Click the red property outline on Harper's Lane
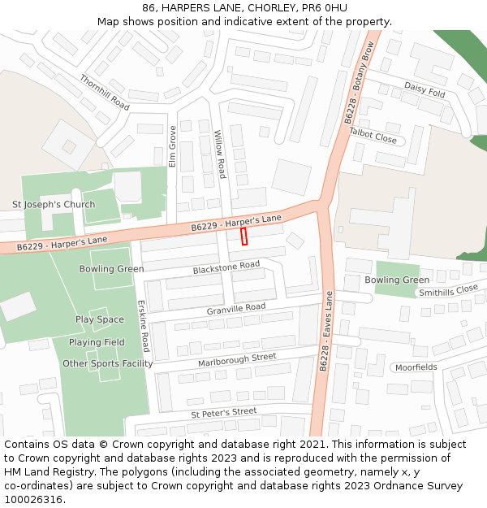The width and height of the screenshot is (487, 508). pos(244,237)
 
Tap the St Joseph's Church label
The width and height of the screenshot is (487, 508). pos(54,204)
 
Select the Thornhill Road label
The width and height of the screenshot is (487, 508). pos(105,93)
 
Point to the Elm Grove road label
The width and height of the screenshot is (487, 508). pos(172,146)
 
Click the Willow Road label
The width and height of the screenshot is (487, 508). pos(220,154)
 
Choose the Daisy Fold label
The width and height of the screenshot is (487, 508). pos(425,89)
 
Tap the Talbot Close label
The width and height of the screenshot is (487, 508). pos(373,135)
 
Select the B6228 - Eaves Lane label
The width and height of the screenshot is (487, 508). pos(325,331)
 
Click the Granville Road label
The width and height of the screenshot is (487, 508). pos(236,309)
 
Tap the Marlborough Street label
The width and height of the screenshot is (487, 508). pos(237,358)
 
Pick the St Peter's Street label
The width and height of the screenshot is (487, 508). pos(224,413)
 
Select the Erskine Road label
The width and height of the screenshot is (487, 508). pos(144,325)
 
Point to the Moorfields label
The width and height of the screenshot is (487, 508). pos(416,367)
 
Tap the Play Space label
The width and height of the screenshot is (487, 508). pos(100,319)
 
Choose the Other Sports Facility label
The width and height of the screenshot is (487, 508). pos(108,363)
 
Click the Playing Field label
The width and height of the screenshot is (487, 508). pos(97,342)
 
